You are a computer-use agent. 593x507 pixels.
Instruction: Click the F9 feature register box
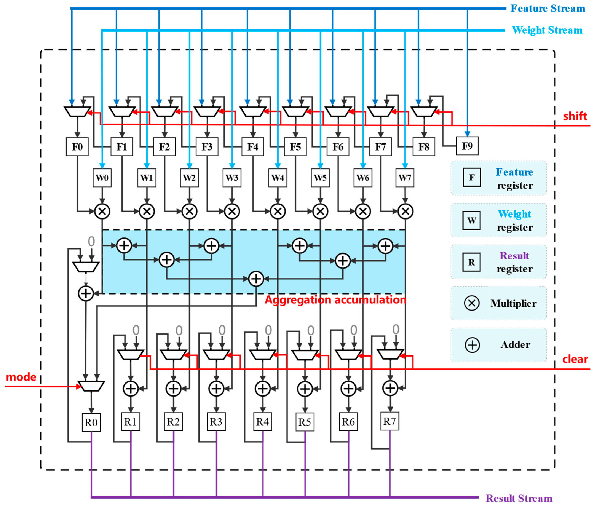467,146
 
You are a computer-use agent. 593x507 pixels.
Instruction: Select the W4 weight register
278,178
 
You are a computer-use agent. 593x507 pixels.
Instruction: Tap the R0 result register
91,422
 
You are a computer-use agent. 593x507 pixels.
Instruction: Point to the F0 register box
77,147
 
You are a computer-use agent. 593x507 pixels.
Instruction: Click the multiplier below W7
405,212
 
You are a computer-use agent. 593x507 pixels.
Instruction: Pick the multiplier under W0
102,212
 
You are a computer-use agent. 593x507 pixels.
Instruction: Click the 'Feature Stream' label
548,9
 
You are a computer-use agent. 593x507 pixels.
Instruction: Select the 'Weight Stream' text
547,30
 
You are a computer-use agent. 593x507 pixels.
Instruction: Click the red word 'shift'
575,116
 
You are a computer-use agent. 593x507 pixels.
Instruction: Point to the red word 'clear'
575,359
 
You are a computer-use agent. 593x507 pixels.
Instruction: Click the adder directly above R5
305,389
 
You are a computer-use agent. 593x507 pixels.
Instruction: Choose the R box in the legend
471,262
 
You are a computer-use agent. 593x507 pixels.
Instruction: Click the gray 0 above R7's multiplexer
396,330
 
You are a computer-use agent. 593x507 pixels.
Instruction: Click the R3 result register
216,422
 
